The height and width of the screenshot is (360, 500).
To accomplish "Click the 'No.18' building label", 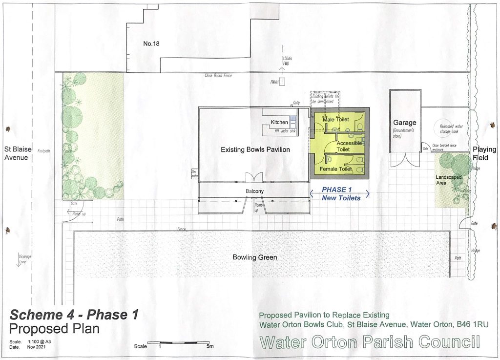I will click(151, 44).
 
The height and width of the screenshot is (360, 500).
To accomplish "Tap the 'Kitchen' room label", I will click(279, 122).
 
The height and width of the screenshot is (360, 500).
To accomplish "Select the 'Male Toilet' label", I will click(335, 119).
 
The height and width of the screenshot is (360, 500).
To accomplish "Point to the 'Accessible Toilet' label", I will click(349, 146).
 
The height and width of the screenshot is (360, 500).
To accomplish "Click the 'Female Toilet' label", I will click(335, 169).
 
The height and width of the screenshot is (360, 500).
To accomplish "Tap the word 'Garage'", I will click(405, 123).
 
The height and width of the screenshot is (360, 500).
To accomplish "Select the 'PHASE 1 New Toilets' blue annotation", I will click(341, 194).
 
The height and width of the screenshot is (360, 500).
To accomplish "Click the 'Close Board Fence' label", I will click(218, 76).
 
